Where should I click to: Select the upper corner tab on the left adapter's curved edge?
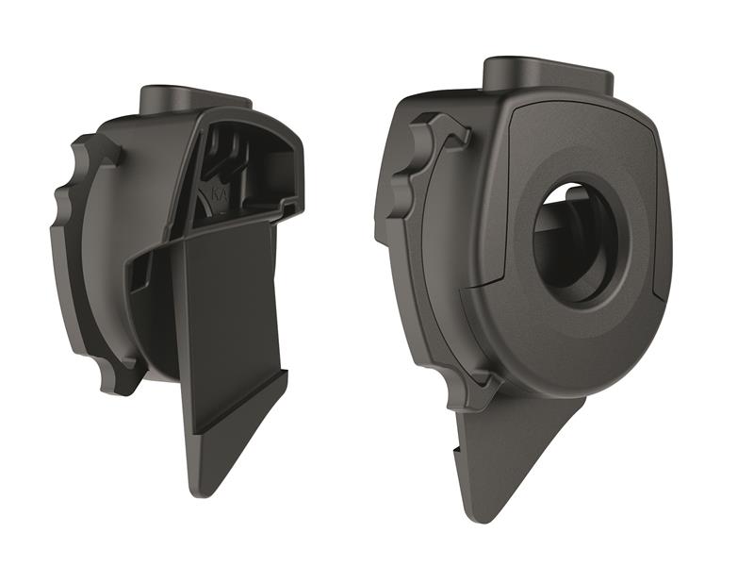click(x=94, y=151)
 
